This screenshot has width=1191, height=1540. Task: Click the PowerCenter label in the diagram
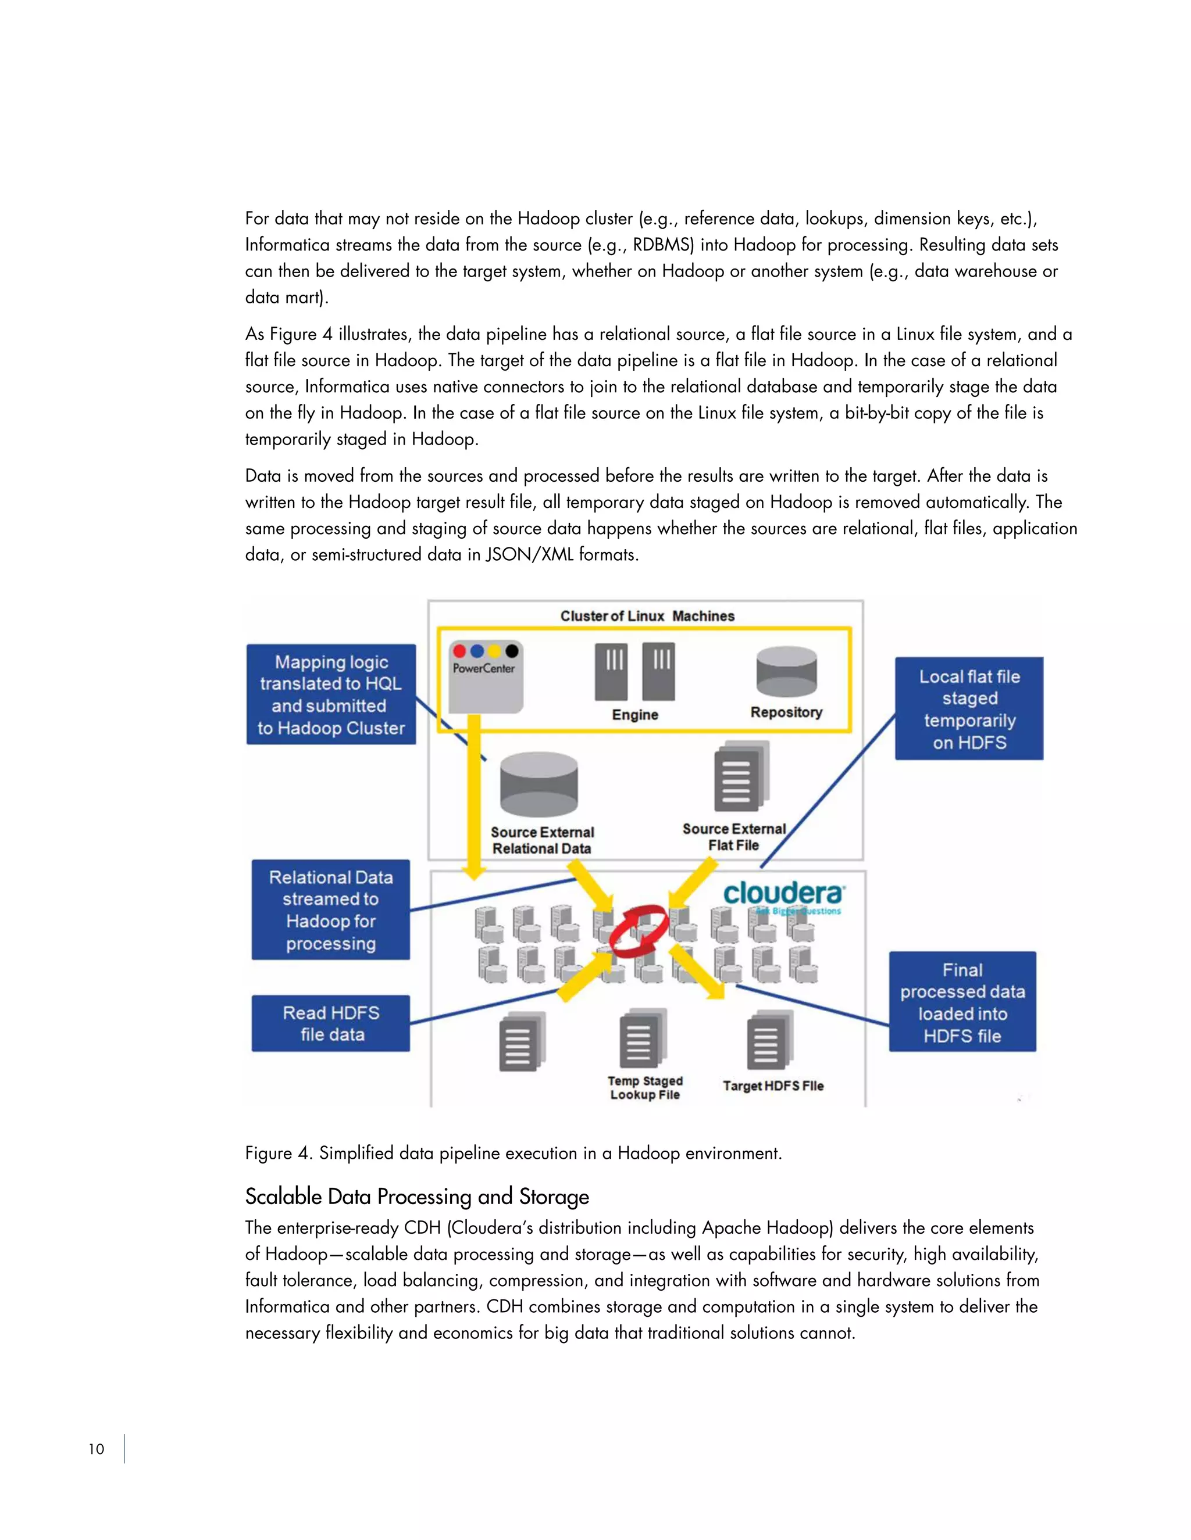click(484, 668)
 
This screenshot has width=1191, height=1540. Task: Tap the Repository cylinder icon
click(786, 672)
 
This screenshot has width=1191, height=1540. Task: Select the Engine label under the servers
click(635, 715)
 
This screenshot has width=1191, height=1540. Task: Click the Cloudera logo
click(783, 894)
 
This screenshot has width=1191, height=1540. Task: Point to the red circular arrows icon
click(639, 931)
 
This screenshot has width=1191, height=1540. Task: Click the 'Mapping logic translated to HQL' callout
click(331, 694)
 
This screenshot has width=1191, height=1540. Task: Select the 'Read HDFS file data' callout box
click(331, 1023)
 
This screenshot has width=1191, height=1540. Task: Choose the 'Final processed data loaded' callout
click(962, 1002)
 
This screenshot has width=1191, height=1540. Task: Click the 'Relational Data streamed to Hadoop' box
click(331, 909)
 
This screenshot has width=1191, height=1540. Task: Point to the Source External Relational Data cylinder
click(539, 785)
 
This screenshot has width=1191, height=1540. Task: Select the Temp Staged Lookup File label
click(645, 1088)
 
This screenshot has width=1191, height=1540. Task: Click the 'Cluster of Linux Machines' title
click(647, 616)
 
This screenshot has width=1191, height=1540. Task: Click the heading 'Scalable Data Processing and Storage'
click(417, 1197)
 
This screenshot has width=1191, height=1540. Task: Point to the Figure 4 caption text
click(514, 1153)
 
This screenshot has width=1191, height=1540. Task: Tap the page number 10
click(96, 1449)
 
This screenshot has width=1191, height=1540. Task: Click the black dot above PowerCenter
click(512, 651)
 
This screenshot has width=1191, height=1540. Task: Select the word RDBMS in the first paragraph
click(663, 245)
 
